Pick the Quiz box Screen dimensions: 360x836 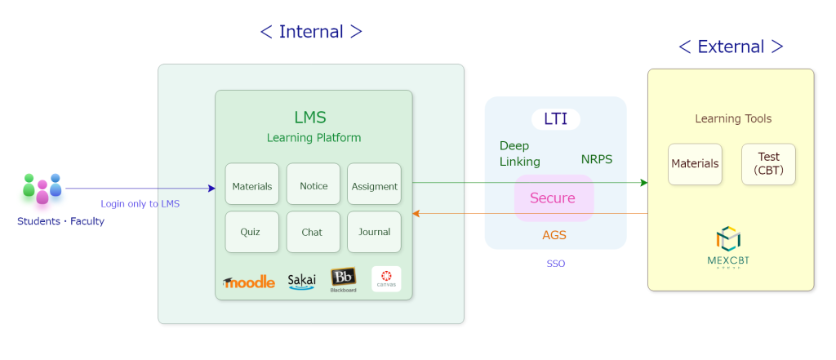(251, 232)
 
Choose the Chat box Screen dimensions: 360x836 (313, 232)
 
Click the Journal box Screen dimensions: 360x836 (374, 232)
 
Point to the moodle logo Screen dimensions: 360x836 (249, 282)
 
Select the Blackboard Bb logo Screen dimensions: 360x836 (343, 279)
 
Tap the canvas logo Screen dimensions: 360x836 (386, 279)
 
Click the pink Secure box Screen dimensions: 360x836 (553, 198)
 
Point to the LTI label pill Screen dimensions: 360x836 (555, 119)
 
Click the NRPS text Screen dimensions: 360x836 (597, 159)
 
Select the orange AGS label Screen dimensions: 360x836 (554, 235)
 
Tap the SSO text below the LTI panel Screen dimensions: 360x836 (555, 264)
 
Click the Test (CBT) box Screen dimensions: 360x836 (768, 163)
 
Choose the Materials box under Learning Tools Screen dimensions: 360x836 (695, 163)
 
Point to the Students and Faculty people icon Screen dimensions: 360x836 (42, 189)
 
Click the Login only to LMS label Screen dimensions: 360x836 (140, 204)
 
